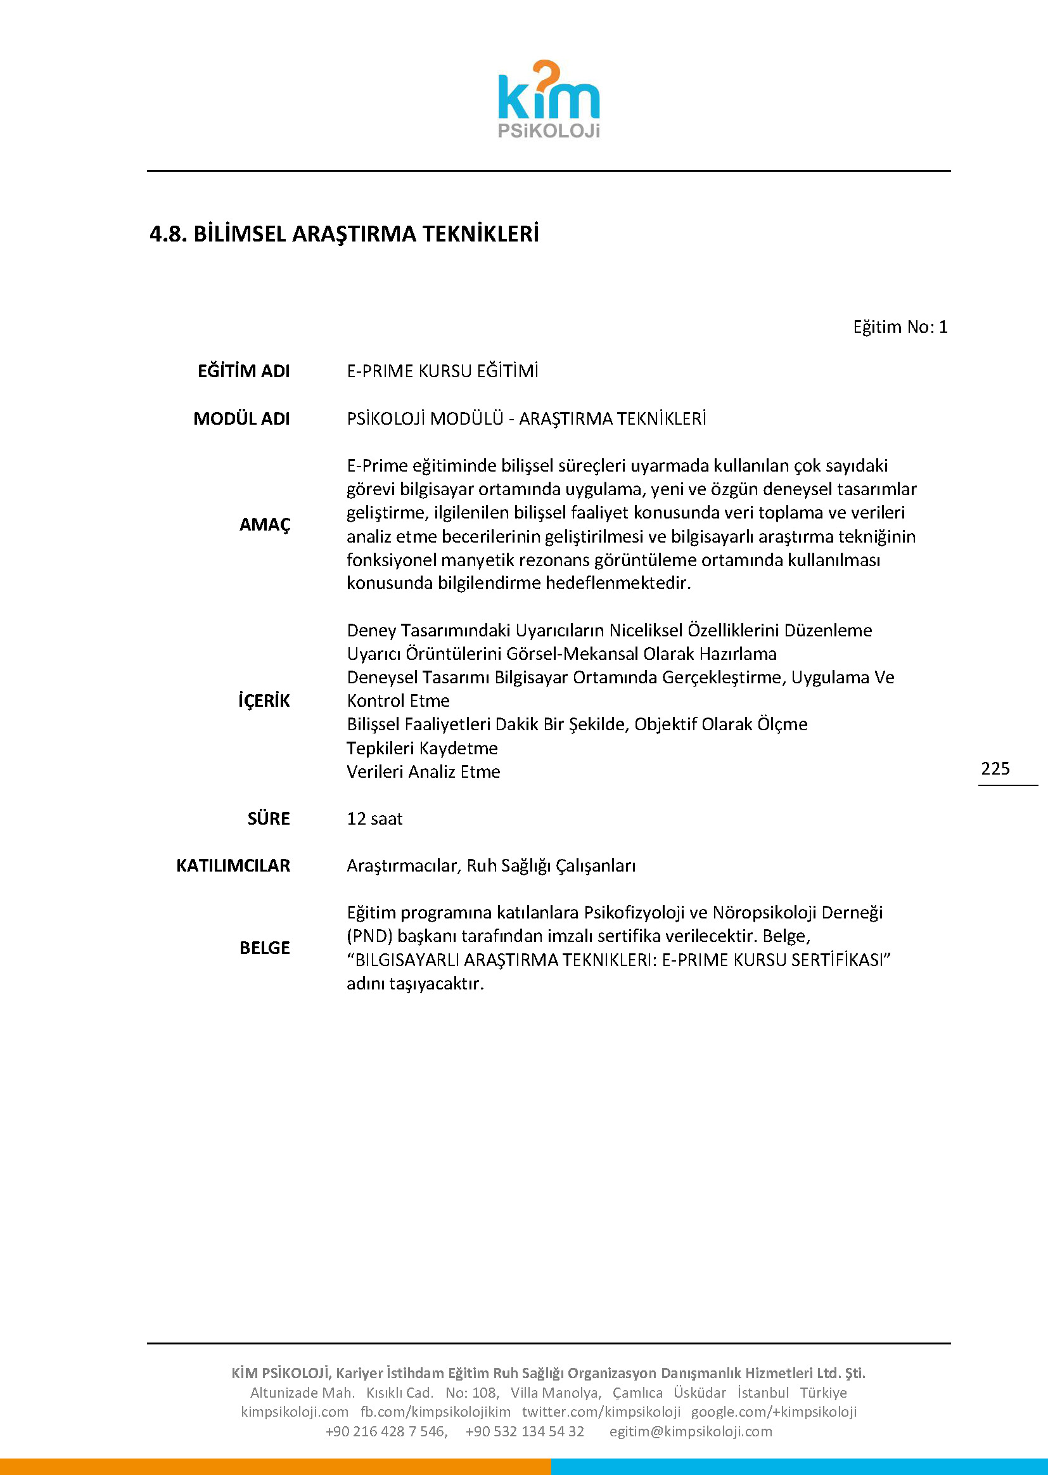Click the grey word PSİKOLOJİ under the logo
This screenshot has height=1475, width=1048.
pos(549,131)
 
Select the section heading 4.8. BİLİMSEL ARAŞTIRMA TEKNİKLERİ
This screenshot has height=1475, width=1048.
pos(344,234)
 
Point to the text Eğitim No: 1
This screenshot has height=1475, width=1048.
pos(900,326)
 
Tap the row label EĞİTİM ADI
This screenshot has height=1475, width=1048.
pos(243,371)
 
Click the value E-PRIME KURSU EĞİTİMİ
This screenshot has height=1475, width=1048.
pos(442,371)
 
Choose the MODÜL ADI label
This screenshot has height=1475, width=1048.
pos(241,418)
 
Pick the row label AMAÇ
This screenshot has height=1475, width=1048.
pos(265,524)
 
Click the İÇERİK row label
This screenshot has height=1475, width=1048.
pos(264,700)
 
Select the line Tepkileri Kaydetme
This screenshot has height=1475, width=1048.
pos(422,748)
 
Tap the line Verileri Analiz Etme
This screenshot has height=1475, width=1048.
pos(423,771)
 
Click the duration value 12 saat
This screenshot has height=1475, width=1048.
pos(374,818)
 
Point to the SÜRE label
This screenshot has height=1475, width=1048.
pos(269,818)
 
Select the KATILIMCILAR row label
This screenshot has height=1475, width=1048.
pos(233,866)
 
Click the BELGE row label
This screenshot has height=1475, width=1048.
pos(265,948)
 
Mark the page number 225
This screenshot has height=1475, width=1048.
pos(995,768)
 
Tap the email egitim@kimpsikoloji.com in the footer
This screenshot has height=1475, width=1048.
pos(691,1431)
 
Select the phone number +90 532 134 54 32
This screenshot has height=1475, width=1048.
pos(525,1431)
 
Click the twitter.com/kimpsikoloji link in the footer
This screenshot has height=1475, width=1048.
pos(601,1412)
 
